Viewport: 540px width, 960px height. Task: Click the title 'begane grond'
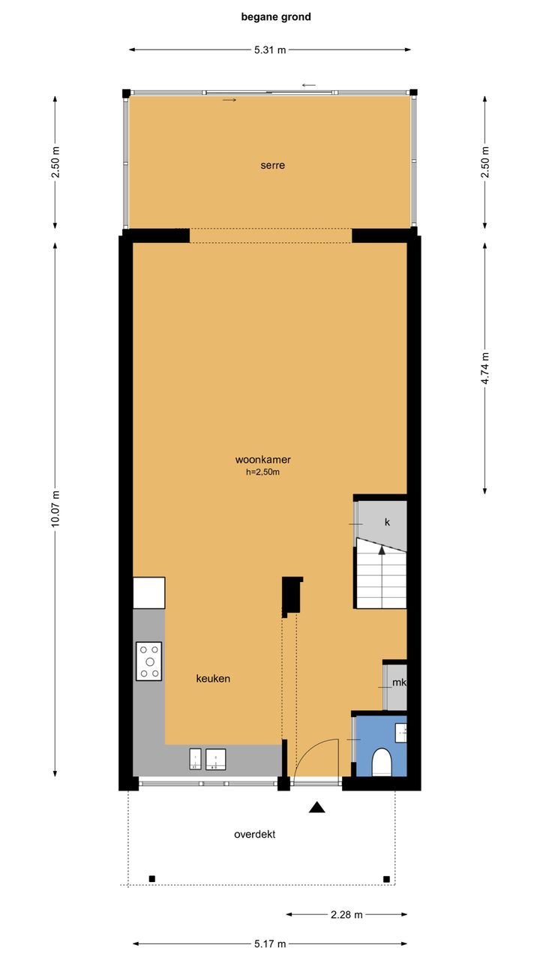pos(276,17)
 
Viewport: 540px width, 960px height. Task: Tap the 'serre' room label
pos(272,166)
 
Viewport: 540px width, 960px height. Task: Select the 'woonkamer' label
pos(262,460)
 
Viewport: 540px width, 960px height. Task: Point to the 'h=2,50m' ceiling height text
pos(262,472)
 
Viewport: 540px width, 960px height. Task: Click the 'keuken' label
pos(213,679)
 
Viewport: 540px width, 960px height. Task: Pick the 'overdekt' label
pos(254,835)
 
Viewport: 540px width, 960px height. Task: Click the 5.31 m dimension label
pos(270,49)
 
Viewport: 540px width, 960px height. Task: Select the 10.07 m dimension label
pos(55,508)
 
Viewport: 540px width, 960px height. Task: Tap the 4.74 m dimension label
pos(485,368)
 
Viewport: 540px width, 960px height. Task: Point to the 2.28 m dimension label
pos(346,914)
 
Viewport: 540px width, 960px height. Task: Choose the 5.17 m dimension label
pos(270,943)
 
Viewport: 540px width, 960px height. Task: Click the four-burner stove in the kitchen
pos(149,661)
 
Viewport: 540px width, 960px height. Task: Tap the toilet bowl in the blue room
pos(381,763)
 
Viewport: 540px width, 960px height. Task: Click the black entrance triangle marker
pos(316,807)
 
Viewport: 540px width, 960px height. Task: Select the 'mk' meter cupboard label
pos(399,682)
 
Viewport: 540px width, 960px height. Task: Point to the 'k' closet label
pos(388,522)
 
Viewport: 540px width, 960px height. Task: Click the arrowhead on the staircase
pos(382,550)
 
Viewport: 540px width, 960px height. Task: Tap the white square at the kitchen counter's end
pos(149,592)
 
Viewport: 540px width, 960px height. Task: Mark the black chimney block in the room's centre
pos(292,596)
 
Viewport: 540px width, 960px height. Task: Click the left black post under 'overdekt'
pos(151,879)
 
